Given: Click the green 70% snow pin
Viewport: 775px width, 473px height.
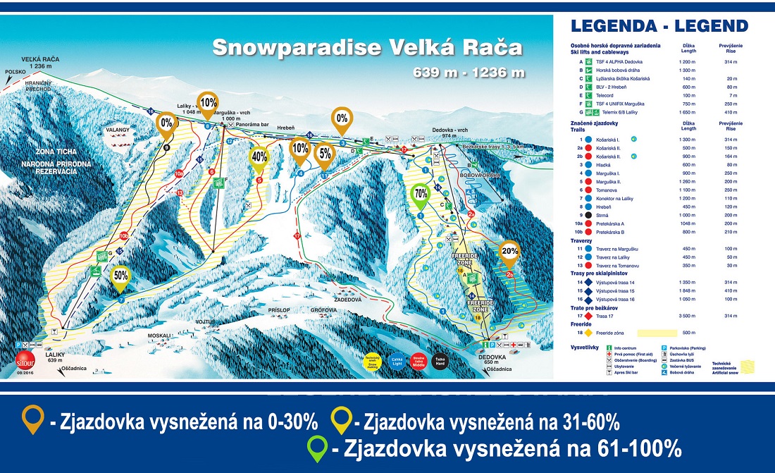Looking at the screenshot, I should (x=420, y=193).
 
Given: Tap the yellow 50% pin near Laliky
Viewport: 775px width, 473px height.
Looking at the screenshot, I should (x=120, y=276).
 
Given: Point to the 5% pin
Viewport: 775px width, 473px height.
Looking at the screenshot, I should (x=325, y=153).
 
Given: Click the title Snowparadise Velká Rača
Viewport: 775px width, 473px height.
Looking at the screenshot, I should (x=367, y=47).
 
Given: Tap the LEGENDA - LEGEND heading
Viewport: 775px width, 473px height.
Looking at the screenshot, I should (x=659, y=27).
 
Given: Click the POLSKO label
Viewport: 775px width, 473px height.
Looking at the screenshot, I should (x=15, y=71).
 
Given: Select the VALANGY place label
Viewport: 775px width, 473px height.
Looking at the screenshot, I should (x=118, y=130).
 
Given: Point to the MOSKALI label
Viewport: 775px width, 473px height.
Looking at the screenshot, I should (x=161, y=336).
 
